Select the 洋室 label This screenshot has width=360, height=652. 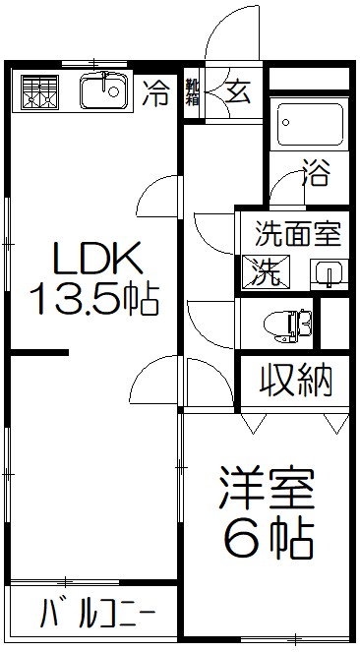coord(266,489)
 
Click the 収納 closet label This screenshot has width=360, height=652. coord(295,379)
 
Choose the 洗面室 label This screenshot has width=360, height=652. coord(297,235)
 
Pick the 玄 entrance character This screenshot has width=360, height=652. coord(238,91)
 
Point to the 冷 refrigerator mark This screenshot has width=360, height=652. coord(155,93)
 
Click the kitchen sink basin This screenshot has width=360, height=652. coord(101,94)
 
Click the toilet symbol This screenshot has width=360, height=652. coord(288,323)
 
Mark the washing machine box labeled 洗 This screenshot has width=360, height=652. coord(267,267)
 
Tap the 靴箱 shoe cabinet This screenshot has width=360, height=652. coord(193,93)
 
